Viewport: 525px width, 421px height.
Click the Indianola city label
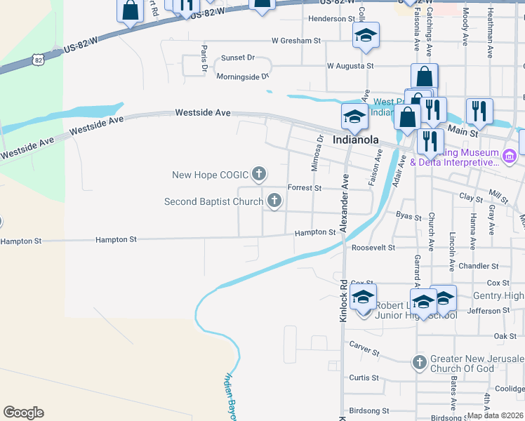tap(355, 140)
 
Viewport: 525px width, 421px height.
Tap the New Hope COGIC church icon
tap(259, 173)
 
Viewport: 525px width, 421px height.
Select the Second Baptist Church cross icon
tap(274, 202)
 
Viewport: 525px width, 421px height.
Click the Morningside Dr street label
tap(243, 76)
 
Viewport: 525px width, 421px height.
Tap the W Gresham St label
tap(295, 41)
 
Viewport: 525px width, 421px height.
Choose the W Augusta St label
tap(350, 66)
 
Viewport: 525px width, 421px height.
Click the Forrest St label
tap(305, 188)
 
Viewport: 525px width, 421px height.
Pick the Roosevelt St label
tap(373, 248)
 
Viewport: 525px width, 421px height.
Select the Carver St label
tap(364, 348)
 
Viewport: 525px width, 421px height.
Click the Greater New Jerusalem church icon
tap(419, 363)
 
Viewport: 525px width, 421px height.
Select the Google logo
tap(23, 413)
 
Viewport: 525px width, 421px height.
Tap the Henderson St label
tap(332, 18)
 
